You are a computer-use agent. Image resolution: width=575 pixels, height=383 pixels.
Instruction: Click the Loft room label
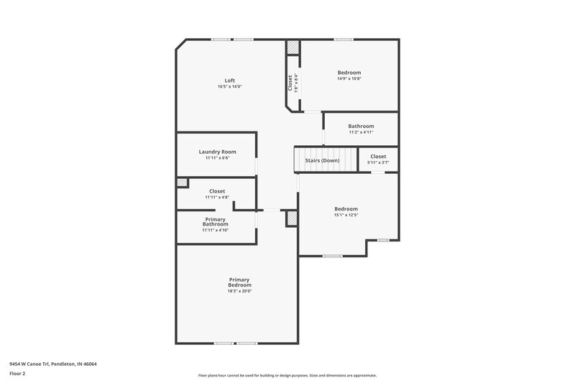[x=229, y=80]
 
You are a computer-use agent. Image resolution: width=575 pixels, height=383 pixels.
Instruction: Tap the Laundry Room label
[x=217, y=152]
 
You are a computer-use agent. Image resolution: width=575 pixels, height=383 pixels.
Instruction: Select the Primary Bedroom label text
[x=239, y=282]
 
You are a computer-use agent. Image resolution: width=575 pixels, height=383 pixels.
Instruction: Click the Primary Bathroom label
[x=216, y=222]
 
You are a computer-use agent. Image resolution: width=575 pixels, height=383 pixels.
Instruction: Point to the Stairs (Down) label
[x=322, y=160]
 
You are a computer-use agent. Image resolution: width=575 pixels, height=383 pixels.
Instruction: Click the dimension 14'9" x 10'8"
[x=349, y=79]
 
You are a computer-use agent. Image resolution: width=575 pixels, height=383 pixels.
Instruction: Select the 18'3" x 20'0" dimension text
[x=239, y=291]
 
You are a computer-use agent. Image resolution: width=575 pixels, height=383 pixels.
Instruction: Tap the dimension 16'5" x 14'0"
[x=229, y=87]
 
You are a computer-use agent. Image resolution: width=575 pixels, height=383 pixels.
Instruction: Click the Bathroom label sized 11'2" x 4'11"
[x=361, y=126]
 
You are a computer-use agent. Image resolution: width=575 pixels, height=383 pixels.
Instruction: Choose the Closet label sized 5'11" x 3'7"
[x=378, y=156]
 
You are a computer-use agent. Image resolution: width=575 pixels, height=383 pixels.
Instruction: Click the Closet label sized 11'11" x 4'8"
[x=216, y=191]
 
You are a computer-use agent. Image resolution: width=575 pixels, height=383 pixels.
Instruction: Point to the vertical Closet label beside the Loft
[x=290, y=83]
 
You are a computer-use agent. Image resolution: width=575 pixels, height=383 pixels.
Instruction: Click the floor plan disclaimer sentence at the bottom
[x=287, y=375]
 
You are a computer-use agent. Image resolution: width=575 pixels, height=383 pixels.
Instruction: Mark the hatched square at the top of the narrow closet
[x=293, y=47]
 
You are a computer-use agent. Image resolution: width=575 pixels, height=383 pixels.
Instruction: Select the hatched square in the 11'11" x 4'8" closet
[x=183, y=183]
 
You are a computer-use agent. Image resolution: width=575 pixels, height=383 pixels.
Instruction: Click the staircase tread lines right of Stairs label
[x=349, y=160]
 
